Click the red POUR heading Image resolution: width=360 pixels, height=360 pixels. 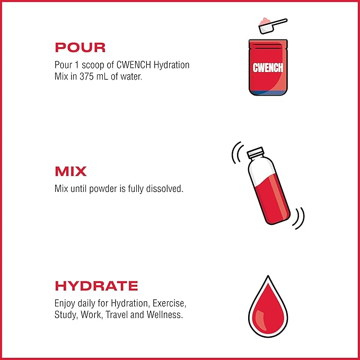pyautogui.click(x=80, y=48)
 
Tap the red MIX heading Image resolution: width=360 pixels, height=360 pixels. pyautogui.click(x=71, y=171)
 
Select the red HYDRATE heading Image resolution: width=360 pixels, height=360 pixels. pyautogui.click(x=96, y=286)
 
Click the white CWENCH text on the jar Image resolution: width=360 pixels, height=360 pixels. pyautogui.click(x=268, y=68)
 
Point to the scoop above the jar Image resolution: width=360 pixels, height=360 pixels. pyautogui.click(x=273, y=25)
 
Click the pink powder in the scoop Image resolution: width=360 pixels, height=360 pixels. pyautogui.click(x=265, y=21)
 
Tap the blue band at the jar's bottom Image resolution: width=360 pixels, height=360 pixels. pyautogui.click(x=268, y=93)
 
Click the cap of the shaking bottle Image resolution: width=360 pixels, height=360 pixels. pyautogui.click(x=255, y=152)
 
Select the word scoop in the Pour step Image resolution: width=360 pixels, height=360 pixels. pyautogui.click(x=93, y=65)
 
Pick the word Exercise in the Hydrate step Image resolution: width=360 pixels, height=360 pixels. pyautogui.click(x=169, y=303)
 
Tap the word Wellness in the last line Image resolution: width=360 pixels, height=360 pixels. pyautogui.click(x=164, y=314)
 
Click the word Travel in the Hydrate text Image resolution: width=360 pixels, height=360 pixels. pyautogui.click(x=117, y=314)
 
